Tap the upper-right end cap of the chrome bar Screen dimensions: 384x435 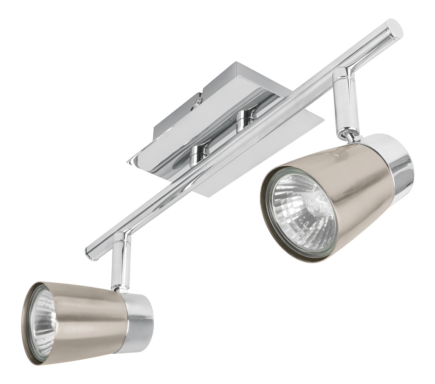(x=394, y=30)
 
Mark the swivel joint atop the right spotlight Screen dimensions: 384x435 (x=349, y=135)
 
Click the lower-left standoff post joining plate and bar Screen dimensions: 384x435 (x=199, y=154)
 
